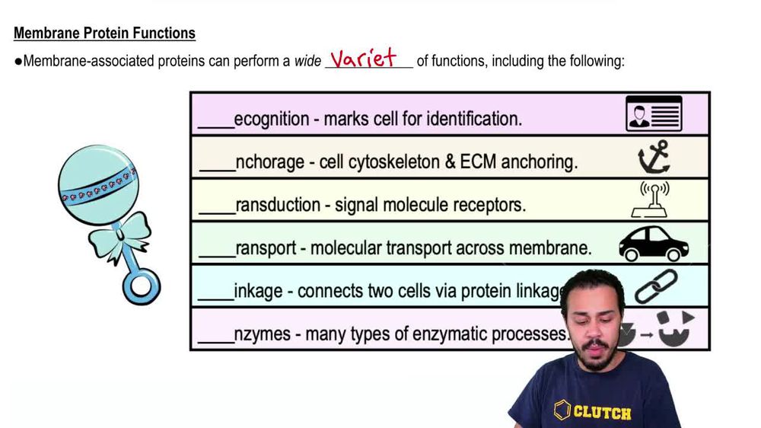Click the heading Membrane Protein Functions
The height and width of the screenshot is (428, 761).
pos(104,34)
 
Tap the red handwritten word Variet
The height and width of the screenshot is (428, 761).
pos(364,58)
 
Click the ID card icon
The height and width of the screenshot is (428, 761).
pos(654,114)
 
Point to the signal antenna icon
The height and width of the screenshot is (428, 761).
pos(654,200)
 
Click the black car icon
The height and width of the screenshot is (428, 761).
pos(654,244)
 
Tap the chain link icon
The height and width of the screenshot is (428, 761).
pos(656,286)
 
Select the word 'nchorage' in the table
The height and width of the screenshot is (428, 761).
pos(267,162)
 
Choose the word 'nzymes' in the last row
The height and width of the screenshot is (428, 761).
pos(263,334)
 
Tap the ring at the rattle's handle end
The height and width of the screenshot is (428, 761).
pos(142,286)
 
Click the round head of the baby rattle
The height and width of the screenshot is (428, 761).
pos(97,184)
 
